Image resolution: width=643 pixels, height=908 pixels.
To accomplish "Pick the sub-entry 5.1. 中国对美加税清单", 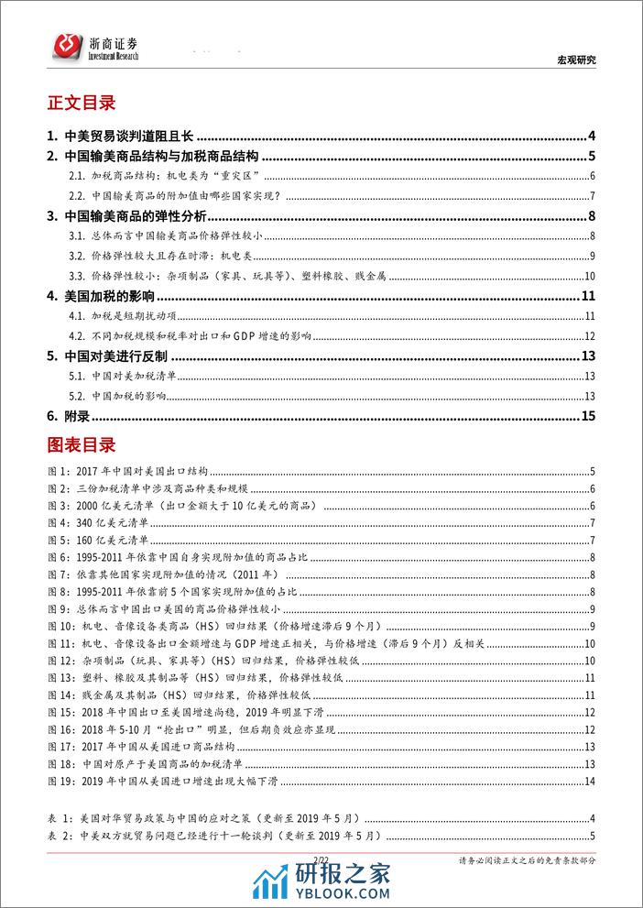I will click(x=138, y=376).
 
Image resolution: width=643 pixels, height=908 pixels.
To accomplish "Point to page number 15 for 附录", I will click(x=589, y=416).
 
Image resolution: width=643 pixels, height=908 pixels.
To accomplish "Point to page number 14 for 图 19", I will click(x=590, y=781).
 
